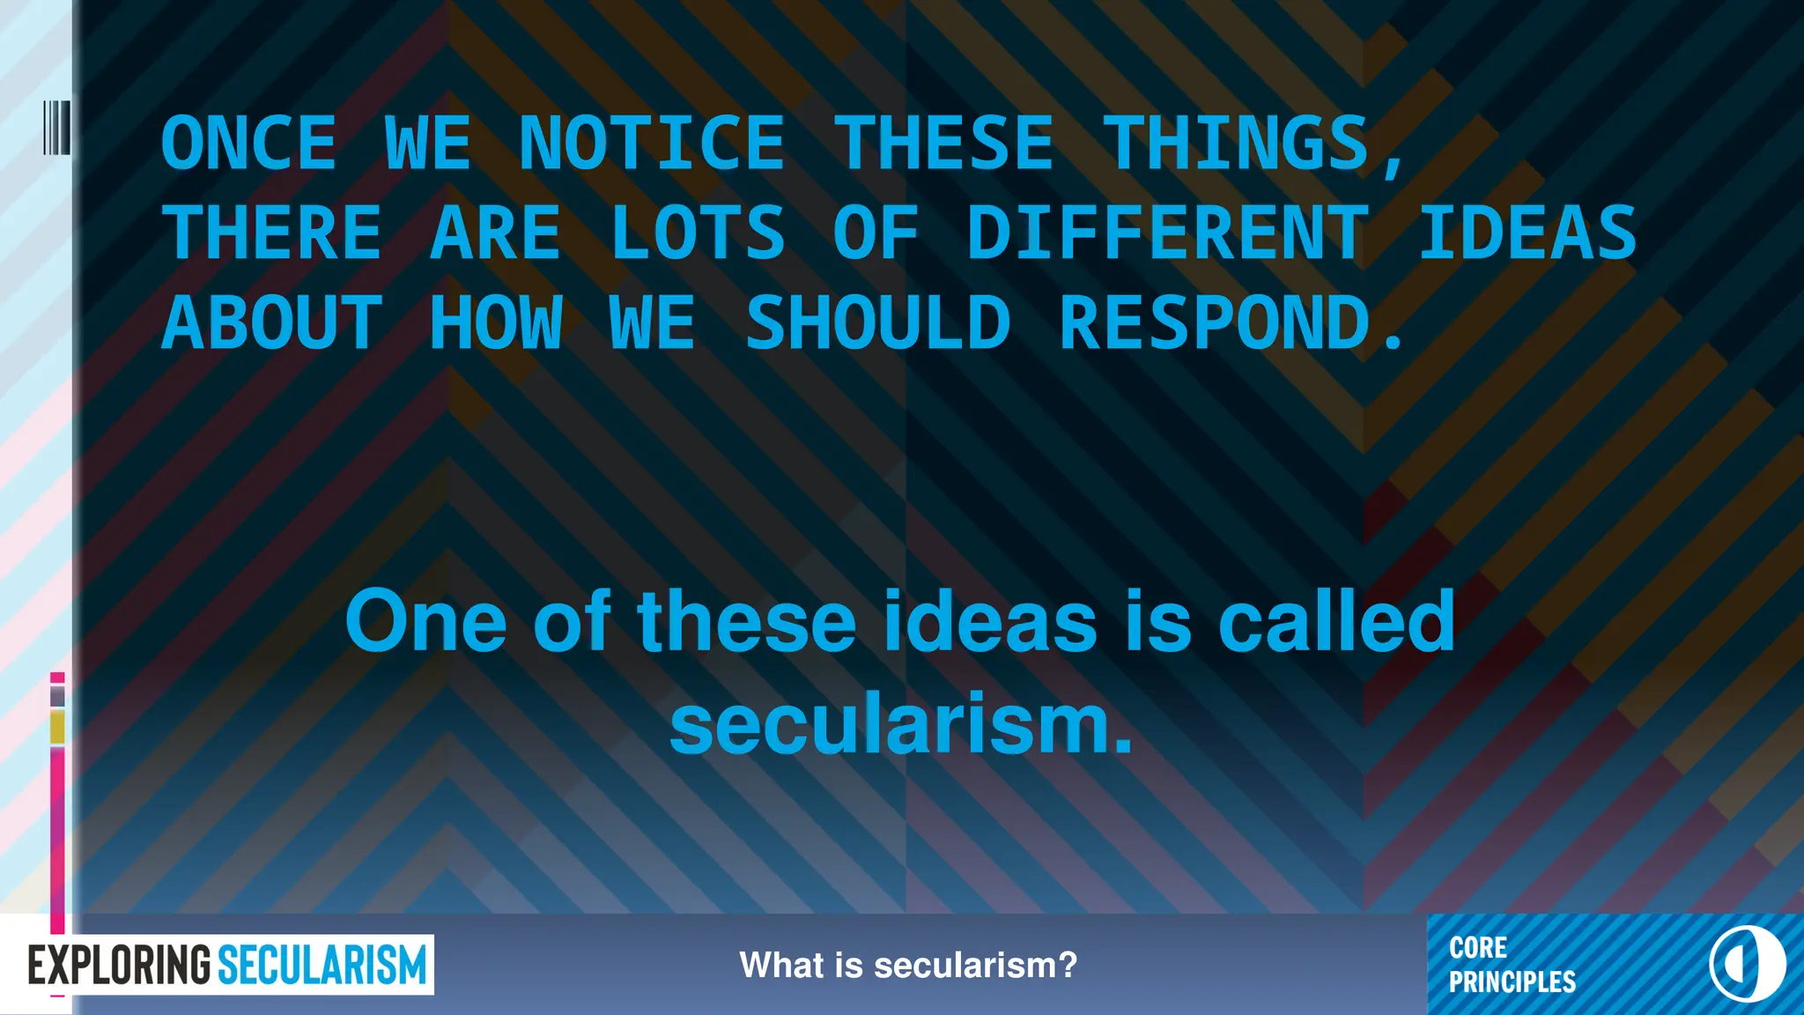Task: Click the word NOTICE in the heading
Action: [x=651, y=144]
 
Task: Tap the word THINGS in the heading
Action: [x=1237, y=144]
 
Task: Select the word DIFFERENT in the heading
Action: [x=1167, y=233]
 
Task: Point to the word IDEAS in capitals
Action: [x=1527, y=233]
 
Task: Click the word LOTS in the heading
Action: [x=697, y=233]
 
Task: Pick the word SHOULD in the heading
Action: [x=877, y=322]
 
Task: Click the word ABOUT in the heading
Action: [x=272, y=322]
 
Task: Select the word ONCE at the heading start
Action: [x=249, y=144]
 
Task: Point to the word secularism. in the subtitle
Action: [x=900, y=726]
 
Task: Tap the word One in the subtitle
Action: [x=425, y=622]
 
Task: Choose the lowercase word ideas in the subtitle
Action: [x=990, y=622]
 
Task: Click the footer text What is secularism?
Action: [x=908, y=966]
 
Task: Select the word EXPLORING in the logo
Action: [x=120, y=966]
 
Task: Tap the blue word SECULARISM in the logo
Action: [x=322, y=966]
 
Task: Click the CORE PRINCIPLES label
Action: [x=1512, y=965]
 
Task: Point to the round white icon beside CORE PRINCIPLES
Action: [x=1747, y=964]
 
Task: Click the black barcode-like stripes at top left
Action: [x=56, y=128]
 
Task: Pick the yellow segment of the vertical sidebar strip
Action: [x=57, y=728]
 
